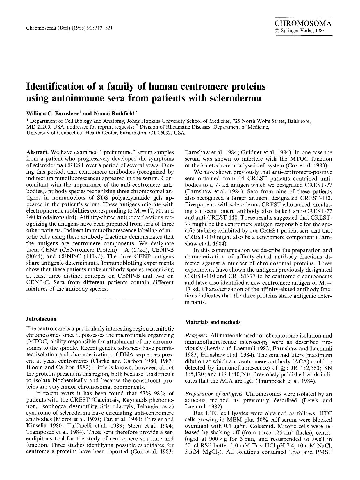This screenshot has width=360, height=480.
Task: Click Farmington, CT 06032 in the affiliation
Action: (147, 133)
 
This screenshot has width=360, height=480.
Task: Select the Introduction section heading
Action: (41, 319)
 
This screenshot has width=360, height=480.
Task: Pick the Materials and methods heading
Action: (213, 322)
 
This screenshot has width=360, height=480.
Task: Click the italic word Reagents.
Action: (194, 336)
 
